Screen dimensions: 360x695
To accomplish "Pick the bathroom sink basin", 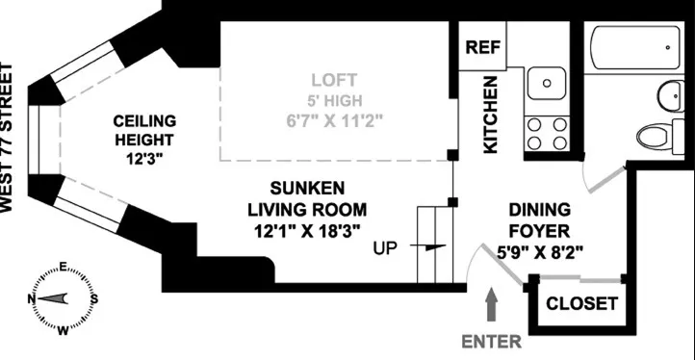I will [x=669, y=94].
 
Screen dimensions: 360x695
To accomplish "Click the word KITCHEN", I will [x=490, y=114].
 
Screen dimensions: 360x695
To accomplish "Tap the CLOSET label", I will [x=581, y=303].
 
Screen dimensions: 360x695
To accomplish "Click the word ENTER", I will [x=491, y=341].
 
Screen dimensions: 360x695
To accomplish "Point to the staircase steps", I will [x=434, y=245].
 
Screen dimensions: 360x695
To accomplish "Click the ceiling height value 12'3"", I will [x=144, y=159].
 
